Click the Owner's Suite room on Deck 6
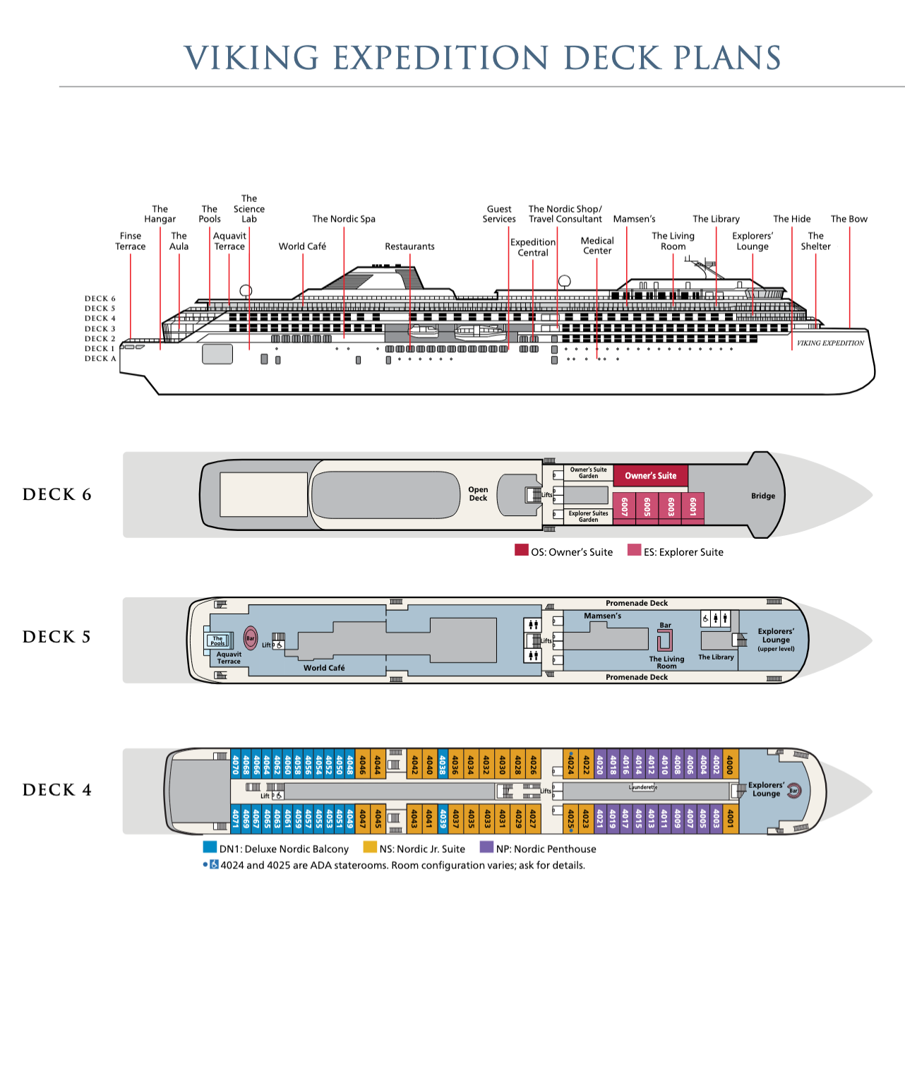pyautogui.click(x=650, y=476)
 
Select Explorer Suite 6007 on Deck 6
pyautogui.click(x=625, y=506)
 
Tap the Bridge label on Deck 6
pyautogui.click(x=762, y=496)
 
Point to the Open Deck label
pyautogui.click(x=478, y=494)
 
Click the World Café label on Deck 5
pyautogui.click(x=324, y=668)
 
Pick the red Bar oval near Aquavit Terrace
pyautogui.click(x=251, y=638)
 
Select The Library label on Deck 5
pyautogui.click(x=716, y=657)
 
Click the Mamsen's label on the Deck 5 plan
pyautogui.click(x=602, y=616)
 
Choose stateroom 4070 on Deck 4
pyautogui.click(x=236, y=764)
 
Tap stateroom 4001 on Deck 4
pyautogui.click(x=730, y=818)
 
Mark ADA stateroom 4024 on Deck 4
pyautogui.click(x=570, y=764)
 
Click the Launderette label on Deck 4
pyautogui.click(x=643, y=787)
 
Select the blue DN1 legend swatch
pyautogui.click(x=210, y=847)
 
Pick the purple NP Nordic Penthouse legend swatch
pyautogui.click(x=486, y=847)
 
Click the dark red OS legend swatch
pyautogui.click(x=522, y=551)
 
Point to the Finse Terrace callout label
pyautogui.click(x=131, y=241)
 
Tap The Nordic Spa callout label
pyautogui.click(x=344, y=219)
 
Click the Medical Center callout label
pyautogui.click(x=597, y=246)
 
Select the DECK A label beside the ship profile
pyautogui.click(x=100, y=359)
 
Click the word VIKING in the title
pyautogui.click(x=251, y=58)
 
